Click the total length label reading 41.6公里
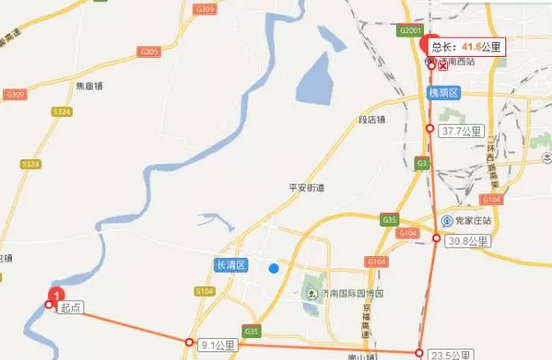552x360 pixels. pos(468,46)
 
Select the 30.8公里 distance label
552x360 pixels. pos(466,240)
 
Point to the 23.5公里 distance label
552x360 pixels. pos(451,354)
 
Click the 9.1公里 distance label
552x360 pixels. pos(218,345)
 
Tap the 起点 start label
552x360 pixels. pos(70,309)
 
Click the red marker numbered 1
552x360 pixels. pos(57,295)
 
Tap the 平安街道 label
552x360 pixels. pos(308,186)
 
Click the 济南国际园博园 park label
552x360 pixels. pos(358,292)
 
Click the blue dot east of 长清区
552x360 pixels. pos(273,267)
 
